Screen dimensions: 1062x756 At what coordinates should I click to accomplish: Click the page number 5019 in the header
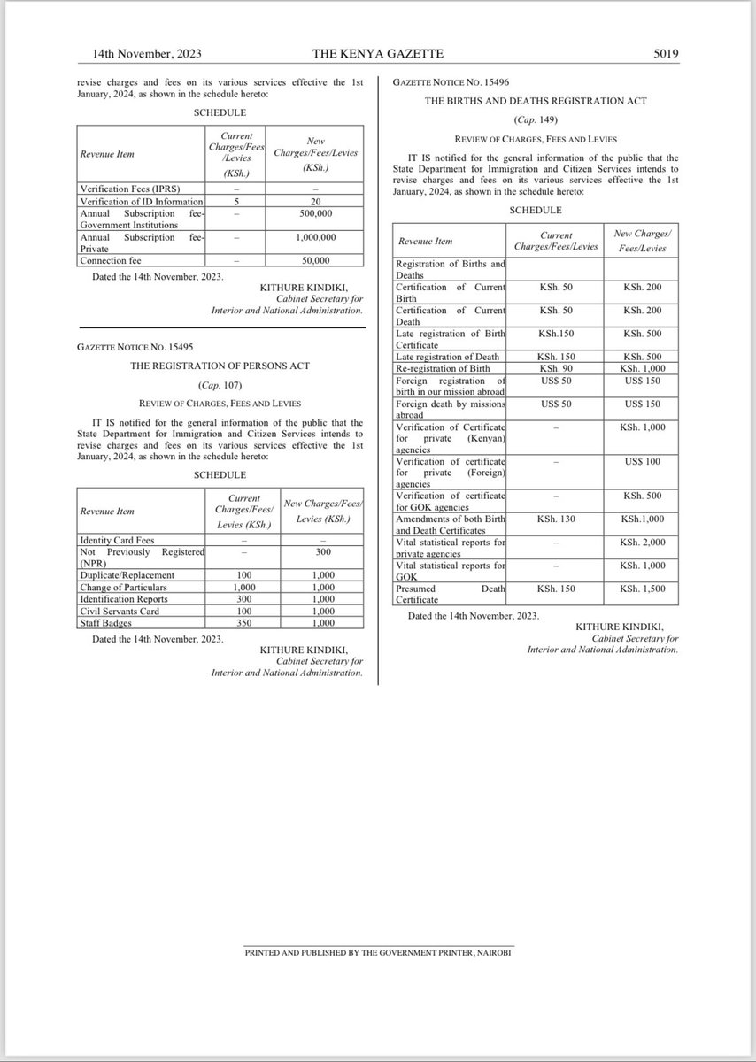coord(665,55)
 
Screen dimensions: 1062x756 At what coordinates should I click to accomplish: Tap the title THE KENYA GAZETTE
coord(378,55)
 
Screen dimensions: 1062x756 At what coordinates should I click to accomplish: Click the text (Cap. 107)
coord(220,386)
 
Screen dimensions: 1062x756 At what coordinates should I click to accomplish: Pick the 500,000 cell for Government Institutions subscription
coord(315,213)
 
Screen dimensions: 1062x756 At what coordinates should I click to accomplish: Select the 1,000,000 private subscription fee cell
coord(315,237)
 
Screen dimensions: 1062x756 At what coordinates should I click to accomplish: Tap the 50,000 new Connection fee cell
coord(315,260)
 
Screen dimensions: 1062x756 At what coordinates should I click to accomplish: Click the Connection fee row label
coord(110,260)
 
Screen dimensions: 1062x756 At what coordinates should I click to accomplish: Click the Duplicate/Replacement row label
coord(127,575)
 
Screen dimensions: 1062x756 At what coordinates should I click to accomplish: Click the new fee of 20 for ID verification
coord(315,201)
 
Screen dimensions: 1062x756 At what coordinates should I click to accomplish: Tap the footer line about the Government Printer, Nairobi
coord(378,953)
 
